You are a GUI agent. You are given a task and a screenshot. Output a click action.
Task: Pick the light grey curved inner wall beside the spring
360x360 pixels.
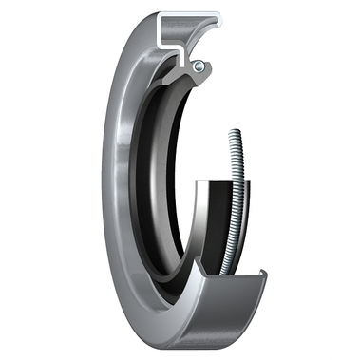click(x=201, y=228)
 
